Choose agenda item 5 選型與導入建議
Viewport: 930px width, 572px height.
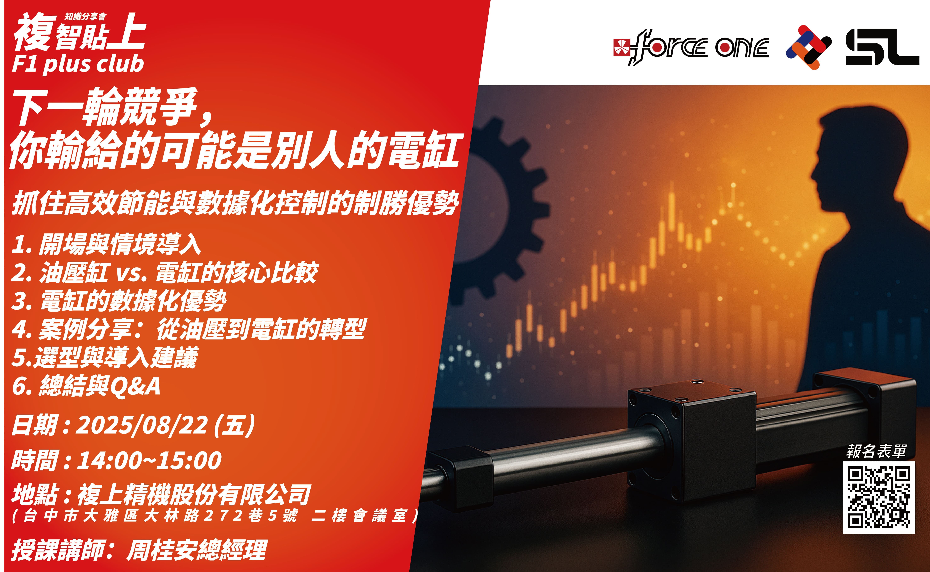[x=105, y=357]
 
